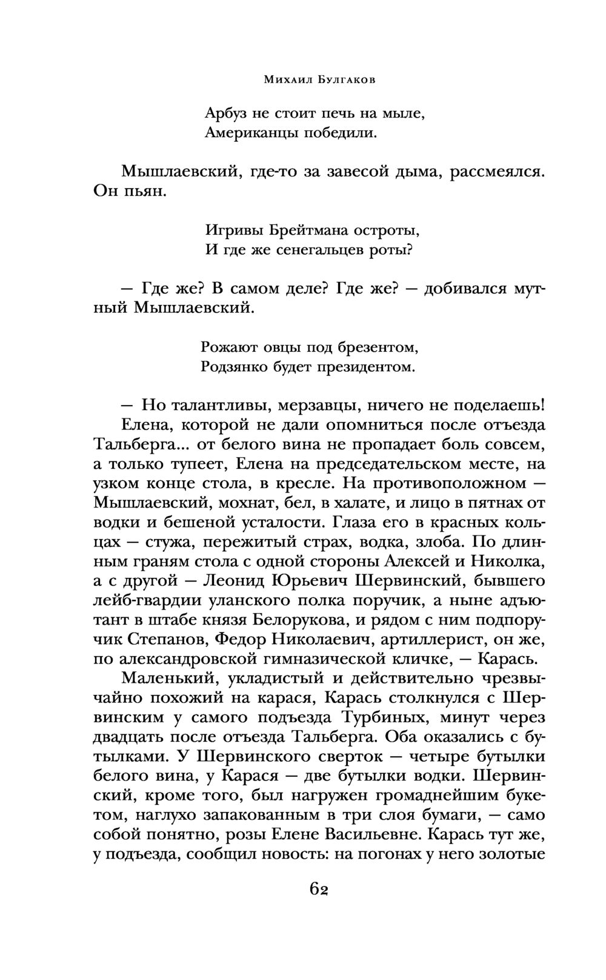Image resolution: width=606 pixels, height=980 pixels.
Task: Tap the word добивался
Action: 456,289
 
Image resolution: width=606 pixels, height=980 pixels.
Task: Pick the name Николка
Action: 513,560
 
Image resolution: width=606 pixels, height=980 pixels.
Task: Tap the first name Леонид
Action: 234,580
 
